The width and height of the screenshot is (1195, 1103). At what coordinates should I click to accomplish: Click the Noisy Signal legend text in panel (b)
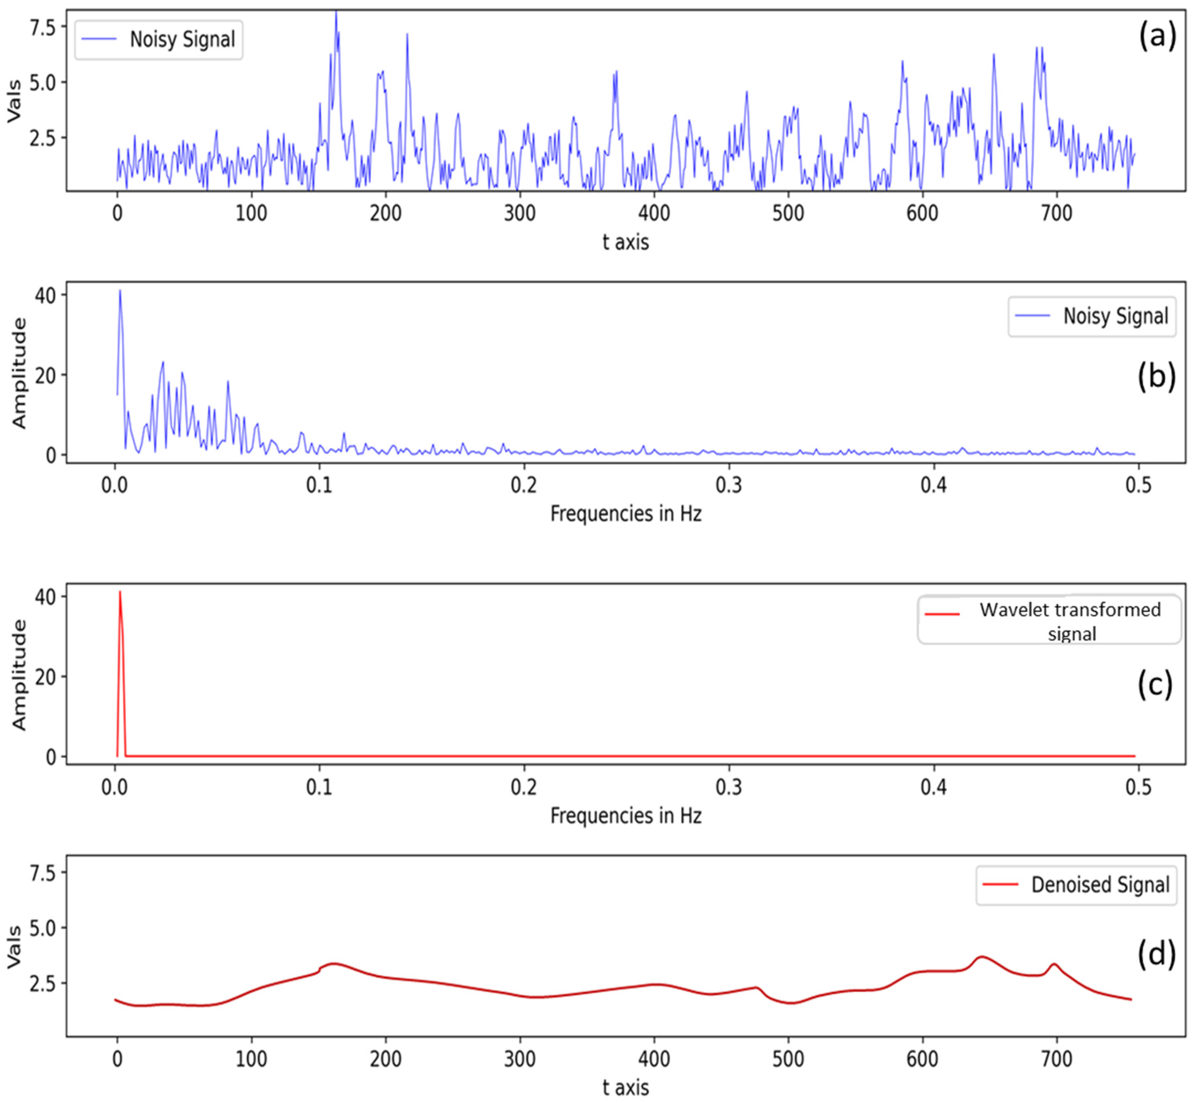pos(1115,316)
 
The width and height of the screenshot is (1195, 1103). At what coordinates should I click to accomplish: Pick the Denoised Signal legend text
pos(1100,885)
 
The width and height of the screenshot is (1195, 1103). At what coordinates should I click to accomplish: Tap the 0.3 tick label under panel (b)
pos(728,485)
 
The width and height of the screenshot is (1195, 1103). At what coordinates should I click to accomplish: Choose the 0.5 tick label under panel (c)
pos(1138,787)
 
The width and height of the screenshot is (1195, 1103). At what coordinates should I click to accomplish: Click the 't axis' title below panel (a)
pos(625,242)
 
